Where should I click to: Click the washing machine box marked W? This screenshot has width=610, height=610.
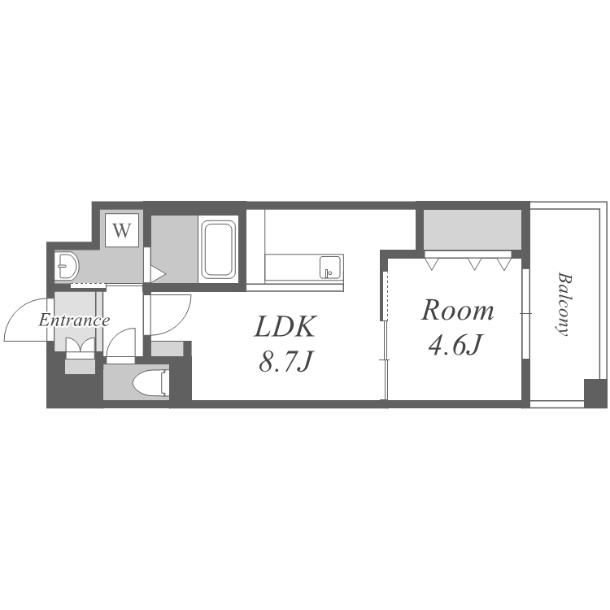tap(122, 230)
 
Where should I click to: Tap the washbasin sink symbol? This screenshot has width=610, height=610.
tap(67, 266)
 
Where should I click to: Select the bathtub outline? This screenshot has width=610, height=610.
tap(219, 250)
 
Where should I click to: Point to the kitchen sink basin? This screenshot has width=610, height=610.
tap(330, 268)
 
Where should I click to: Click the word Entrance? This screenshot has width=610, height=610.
tap(74, 320)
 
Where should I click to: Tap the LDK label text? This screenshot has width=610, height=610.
tap(285, 326)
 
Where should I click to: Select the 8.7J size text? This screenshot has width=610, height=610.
tap(286, 361)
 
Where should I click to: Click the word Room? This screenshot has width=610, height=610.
tap(457, 311)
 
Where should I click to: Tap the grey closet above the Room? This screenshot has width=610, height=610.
tap(473, 229)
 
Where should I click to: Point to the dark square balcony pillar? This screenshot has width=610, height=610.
tap(595, 393)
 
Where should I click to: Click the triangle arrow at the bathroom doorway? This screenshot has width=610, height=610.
tap(158, 273)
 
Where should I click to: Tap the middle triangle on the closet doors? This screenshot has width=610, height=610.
tap(474, 264)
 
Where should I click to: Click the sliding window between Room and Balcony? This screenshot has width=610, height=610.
tap(526, 313)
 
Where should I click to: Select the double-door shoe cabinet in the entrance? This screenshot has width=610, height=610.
tap(81, 347)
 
